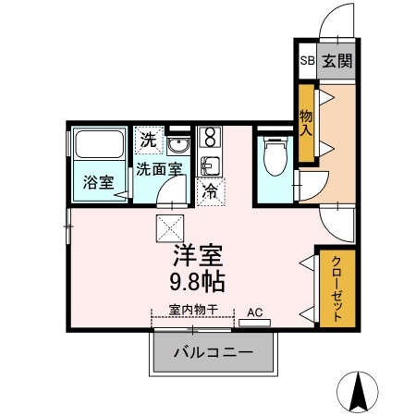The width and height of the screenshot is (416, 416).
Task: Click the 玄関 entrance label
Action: [x=337, y=61]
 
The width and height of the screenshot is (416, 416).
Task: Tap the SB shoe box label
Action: [x=308, y=60]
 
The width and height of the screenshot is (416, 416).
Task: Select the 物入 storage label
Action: [x=306, y=123]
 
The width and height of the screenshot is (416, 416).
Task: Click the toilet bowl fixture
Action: [x=275, y=156]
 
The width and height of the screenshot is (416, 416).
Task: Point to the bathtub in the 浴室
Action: [x=99, y=144]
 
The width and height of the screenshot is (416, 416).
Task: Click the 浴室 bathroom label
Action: [x=98, y=182]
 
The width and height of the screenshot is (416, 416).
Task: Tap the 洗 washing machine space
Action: [x=149, y=141]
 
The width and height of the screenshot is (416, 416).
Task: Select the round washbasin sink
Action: [x=178, y=146]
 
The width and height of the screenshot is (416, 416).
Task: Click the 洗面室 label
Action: [x=160, y=169]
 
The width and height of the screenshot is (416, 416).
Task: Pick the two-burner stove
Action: [x=210, y=137]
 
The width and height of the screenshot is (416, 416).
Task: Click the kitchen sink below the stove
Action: [x=210, y=166]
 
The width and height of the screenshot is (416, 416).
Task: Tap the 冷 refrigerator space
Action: [x=211, y=191]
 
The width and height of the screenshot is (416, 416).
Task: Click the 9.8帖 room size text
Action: [x=198, y=282]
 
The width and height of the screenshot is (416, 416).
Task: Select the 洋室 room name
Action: [x=198, y=255]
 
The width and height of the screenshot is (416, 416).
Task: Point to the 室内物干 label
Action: [x=193, y=310]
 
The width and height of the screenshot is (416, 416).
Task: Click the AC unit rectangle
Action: [x=255, y=323]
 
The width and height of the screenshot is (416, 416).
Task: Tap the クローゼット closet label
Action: [x=336, y=288]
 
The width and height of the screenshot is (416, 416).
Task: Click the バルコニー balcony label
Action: [x=214, y=352]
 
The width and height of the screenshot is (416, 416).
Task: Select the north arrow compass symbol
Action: [x=358, y=392]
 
